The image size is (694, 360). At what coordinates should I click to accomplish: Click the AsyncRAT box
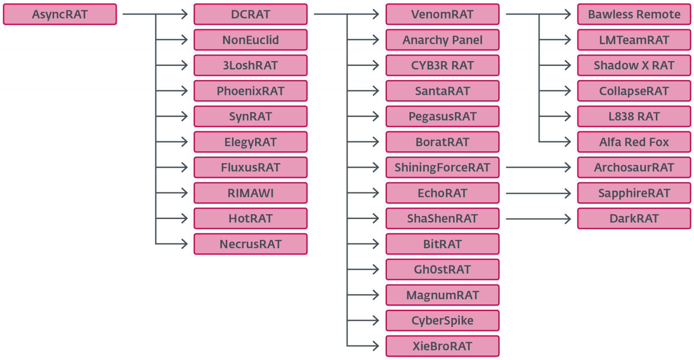(x=60, y=14)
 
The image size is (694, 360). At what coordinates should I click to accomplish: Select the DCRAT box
(x=251, y=14)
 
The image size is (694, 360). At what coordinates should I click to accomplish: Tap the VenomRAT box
(x=442, y=14)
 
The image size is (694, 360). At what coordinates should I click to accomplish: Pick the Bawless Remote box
(x=634, y=14)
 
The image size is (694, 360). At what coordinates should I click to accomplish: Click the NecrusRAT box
(x=251, y=244)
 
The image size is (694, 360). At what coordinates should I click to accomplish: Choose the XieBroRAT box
(x=442, y=346)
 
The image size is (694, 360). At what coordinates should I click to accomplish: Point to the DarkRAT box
(x=634, y=219)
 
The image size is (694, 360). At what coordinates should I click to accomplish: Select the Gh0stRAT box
(x=442, y=269)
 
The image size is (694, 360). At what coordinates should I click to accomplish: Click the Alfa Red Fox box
(x=634, y=142)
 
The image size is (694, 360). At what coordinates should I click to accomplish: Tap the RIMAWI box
(x=251, y=193)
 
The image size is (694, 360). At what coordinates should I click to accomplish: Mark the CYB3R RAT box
(x=442, y=65)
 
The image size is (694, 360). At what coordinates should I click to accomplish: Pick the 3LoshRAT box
(x=251, y=65)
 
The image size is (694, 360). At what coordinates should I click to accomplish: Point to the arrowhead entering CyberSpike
(x=376, y=321)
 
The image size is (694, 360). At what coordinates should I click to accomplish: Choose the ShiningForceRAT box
(x=442, y=167)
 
